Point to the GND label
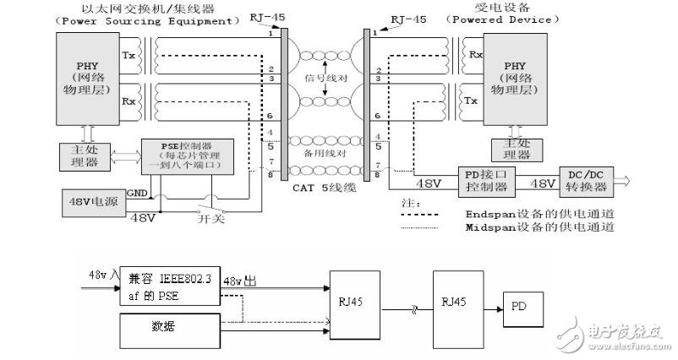coord(136,194)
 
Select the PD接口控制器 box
coord(488,178)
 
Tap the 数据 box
coord(169,325)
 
